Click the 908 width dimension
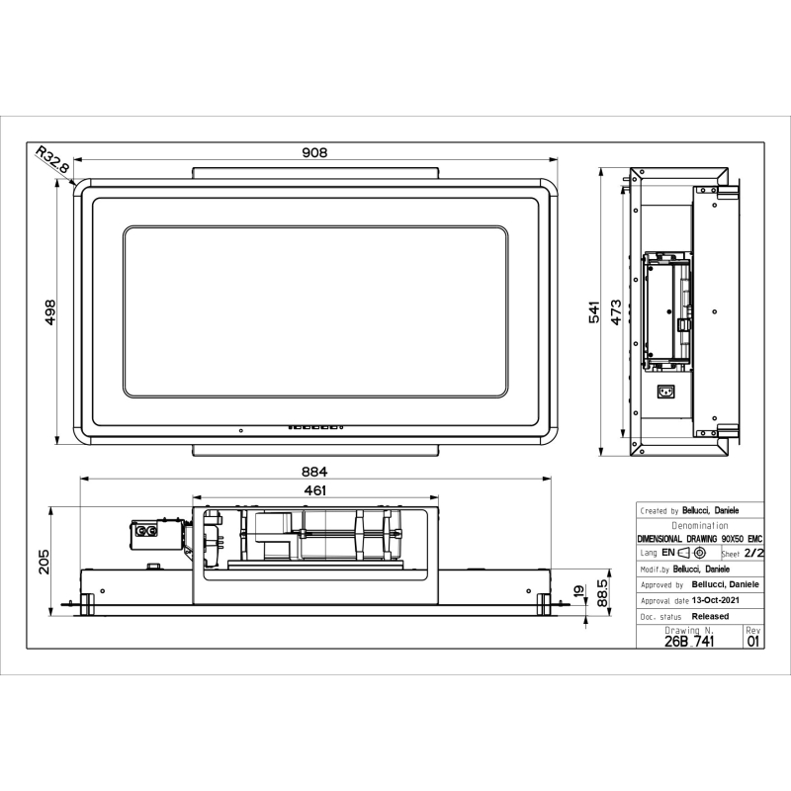coord(314,152)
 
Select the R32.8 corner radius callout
coord(53,160)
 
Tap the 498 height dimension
coord(50,312)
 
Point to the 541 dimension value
coord(595,311)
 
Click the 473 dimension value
coord(616,312)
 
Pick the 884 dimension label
coord(314,472)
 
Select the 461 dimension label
coord(314,490)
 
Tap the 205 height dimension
coord(44,562)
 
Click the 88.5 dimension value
coord(602,592)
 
